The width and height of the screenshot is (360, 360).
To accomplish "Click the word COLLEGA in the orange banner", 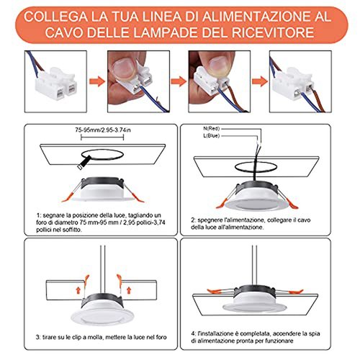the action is click(x=55, y=17).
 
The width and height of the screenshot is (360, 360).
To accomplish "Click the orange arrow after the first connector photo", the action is click(x=97, y=81).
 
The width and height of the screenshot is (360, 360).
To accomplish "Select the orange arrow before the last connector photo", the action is click(x=260, y=81).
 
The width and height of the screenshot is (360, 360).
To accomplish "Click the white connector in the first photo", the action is click(x=56, y=82).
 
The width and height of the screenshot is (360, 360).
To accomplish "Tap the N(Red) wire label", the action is click(x=212, y=129).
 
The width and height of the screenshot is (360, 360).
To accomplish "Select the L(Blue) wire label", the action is click(x=212, y=136).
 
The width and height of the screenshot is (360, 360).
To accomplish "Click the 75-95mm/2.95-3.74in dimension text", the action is click(x=103, y=130).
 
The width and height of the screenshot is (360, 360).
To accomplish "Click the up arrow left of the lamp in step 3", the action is click(x=78, y=290).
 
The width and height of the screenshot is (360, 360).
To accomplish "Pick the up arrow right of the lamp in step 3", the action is click(x=129, y=290).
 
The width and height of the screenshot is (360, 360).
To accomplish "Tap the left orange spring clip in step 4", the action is click(x=215, y=291).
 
